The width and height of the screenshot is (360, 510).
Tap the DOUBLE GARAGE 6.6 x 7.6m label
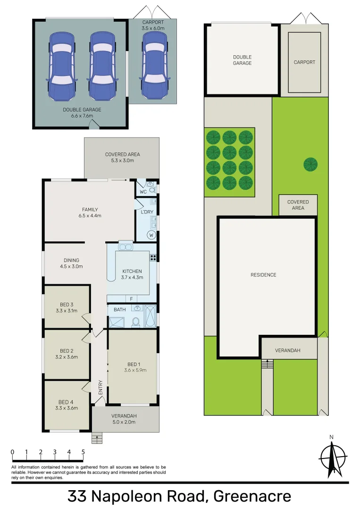[82, 112]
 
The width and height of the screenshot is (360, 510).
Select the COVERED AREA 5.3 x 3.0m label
[122, 157]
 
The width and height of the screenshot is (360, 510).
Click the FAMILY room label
[90, 212]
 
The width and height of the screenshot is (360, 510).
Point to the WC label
[143, 192]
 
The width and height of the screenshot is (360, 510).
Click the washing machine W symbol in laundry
[152, 235]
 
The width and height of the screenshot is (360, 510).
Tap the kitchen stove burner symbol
[153, 257]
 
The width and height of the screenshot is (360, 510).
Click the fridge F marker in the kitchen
[132, 299]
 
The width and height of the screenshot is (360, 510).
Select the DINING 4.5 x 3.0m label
[72, 263]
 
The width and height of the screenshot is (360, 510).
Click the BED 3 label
[66, 307]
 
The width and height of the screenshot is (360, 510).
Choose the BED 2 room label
[66, 354]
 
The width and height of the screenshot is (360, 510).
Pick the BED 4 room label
[66, 405]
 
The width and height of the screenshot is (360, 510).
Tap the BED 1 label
[134, 367]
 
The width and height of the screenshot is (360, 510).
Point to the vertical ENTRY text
[100, 388]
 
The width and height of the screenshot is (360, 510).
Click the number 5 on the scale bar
[83, 452]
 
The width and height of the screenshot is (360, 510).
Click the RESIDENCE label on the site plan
[263, 275]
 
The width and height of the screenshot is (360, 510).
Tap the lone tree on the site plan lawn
[310, 164]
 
